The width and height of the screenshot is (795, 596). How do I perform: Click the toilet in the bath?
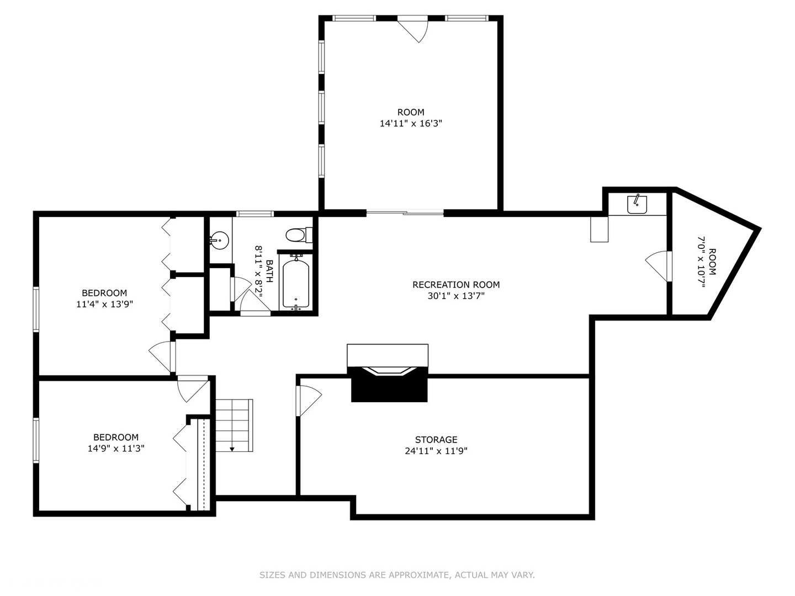[x=299, y=235]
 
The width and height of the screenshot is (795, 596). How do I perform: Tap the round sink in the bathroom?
[x=219, y=240]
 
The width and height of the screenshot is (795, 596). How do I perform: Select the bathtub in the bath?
[x=295, y=283]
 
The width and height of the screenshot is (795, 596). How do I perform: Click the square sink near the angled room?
[x=637, y=204]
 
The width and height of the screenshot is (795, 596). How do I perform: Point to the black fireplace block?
[x=389, y=384]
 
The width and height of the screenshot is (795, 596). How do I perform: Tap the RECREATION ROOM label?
[x=456, y=285]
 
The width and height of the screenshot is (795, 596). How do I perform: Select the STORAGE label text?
[x=436, y=440]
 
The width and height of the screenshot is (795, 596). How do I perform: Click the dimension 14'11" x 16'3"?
[x=411, y=124]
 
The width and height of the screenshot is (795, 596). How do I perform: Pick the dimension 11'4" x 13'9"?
[x=105, y=304]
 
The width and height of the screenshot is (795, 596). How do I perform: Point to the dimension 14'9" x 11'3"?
[x=116, y=449]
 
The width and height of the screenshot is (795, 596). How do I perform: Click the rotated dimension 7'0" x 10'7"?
[x=702, y=262]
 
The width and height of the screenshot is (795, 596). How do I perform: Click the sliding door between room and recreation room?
[x=405, y=213]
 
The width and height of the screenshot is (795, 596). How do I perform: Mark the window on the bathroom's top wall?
[x=255, y=214]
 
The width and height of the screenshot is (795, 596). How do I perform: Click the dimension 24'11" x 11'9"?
[x=436, y=451]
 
